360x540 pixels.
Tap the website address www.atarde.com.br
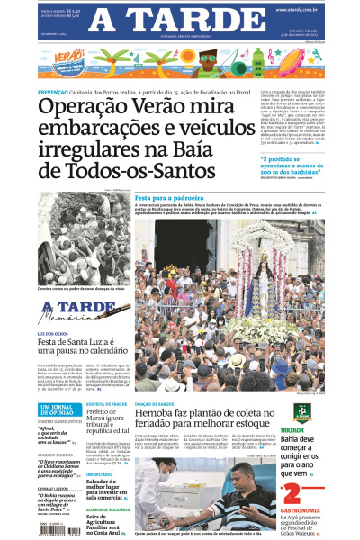(301, 10)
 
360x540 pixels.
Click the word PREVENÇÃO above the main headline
(56, 92)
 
